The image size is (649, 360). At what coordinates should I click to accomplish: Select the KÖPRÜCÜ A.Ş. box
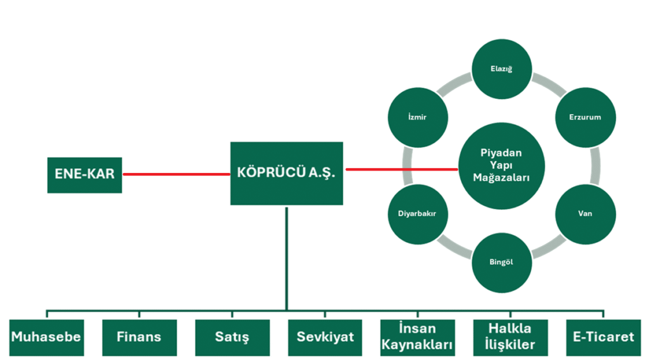point(286,172)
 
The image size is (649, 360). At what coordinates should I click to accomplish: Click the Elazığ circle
point(501,69)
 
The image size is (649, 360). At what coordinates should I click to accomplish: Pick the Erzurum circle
point(584,117)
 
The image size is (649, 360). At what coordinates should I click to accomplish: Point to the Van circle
point(585,214)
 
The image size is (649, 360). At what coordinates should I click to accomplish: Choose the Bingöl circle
point(501,262)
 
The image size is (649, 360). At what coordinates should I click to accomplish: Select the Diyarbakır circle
point(417,214)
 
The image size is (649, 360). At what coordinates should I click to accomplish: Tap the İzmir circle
point(417,117)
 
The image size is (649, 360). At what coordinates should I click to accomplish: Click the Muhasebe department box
point(46,337)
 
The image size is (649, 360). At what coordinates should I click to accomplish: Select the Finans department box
point(139,337)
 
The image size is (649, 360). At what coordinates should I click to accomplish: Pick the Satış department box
point(232,337)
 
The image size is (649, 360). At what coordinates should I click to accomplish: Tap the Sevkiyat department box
point(325,337)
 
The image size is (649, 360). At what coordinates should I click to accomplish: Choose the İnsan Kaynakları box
point(418,337)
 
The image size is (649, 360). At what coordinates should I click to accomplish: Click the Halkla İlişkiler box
point(510,337)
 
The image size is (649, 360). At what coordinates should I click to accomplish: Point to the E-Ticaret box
point(603,337)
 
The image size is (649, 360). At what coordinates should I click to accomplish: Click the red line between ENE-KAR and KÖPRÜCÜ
point(176,174)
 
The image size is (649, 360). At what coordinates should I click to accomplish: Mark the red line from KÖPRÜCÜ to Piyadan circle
point(401,169)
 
